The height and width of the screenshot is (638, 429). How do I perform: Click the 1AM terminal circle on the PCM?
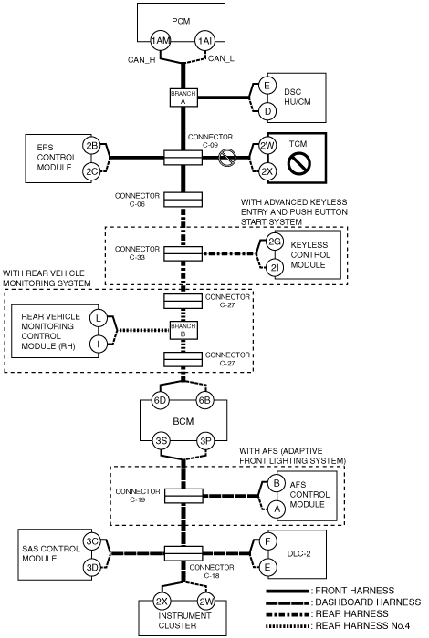pyautogui.click(x=160, y=41)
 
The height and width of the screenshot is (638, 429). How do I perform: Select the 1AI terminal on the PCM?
pyautogui.click(x=205, y=41)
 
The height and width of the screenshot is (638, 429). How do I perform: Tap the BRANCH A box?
pyautogui.click(x=183, y=98)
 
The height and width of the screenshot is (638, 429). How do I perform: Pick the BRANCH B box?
pyautogui.click(x=183, y=330)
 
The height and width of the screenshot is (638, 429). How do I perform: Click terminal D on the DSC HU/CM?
pyautogui.click(x=267, y=110)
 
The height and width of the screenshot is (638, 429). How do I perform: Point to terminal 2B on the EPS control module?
pyautogui.click(x=91, y=145)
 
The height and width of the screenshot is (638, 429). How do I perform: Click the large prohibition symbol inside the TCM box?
pyautogui.click(x=299, y=163)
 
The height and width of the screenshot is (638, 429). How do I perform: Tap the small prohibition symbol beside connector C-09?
pyautogui.click(x=227, y=158)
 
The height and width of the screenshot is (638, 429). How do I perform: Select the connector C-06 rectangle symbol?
pyautogui.click(x=183, y=200)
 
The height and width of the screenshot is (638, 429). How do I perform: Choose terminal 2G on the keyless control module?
pyautogui.click(x=275, y=242)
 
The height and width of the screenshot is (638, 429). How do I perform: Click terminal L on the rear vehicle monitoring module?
pyautogui.click(x=99, y=318)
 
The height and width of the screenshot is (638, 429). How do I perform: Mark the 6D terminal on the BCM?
pyautogui.click(x=160, y=400)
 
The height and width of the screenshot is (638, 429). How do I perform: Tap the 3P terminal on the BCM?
pyautogui.click(x=205, y=440)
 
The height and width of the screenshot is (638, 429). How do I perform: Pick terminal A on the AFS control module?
pyautogui.click(x=277, y=509)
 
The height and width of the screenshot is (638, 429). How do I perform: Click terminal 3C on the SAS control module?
pyautogui.click(x=92, y=541)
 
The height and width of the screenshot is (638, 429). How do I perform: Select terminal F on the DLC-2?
pyautogui.click(x=267, y=541)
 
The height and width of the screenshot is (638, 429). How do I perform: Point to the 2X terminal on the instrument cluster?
pyautogui.click(x=162, y=602)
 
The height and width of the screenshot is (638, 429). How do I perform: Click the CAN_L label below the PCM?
pyautogui.click(x=221, y=59)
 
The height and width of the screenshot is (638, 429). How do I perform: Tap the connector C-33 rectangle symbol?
pyautogui.click(x=183, y=253)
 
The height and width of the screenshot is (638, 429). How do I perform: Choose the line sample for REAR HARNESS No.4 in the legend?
pyautogui.click(x=288, y=626)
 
